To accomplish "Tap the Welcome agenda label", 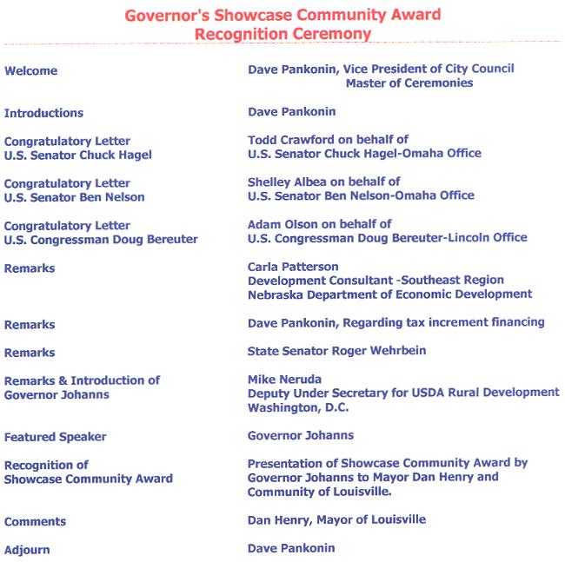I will [x=31, y=71].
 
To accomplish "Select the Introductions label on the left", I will [x=44, y=113].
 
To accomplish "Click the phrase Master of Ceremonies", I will [x=409, y=83].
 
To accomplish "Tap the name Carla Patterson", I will [x=293, y=267].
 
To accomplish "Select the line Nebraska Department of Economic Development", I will [x=389, y=294].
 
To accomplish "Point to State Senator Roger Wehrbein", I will [x=336, y=351].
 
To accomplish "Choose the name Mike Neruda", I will [x=283, y=380].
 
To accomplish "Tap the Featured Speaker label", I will [x=56, y=436].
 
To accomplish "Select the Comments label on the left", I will [x=36, y=522].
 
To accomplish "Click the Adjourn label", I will [x=27, y=550].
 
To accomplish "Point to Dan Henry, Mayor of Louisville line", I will [x=336, y=520].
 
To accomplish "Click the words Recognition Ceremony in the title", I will [x=283, y=35].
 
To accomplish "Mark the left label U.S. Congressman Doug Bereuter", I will [x=101, y=239].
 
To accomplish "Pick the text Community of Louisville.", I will [x=319, y=493].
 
